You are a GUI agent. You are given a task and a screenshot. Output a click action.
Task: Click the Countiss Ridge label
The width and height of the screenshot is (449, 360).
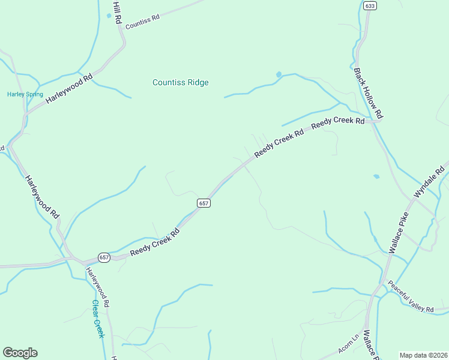[x=180, y=83]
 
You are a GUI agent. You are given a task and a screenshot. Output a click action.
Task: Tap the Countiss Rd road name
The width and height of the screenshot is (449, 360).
[x=142, y=18]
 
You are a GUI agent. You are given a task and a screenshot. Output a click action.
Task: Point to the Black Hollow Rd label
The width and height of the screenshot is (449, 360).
[x=368, y=92]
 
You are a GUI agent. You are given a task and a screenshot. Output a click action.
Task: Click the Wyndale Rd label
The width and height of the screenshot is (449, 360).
[x=432, y=180]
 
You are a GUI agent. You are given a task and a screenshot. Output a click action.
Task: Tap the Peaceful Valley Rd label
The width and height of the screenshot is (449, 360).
[x=411, y=296]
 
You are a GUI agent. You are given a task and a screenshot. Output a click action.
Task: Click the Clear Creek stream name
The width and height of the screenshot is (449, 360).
[x=98, y=319]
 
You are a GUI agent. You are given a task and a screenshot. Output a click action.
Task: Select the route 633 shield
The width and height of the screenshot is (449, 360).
[x=370, y=6]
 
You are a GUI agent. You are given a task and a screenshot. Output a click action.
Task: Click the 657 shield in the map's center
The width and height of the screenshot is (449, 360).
[x=203, y=203]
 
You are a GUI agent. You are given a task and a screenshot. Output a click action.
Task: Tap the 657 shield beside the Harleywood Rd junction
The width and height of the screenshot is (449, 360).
[x=104, y=257]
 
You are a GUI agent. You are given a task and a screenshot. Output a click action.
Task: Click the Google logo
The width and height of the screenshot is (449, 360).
[x=20, y=353]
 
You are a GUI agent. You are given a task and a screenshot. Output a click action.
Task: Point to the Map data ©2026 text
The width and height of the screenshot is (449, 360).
[x=423, y=355]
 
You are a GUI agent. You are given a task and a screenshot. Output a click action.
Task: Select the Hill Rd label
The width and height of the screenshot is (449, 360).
[x=117, y=12]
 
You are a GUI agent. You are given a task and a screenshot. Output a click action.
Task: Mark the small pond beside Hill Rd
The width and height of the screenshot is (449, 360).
[x=109, y=16]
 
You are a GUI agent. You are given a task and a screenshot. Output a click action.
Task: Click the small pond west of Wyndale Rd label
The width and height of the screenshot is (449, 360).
[x=376, y=176]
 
